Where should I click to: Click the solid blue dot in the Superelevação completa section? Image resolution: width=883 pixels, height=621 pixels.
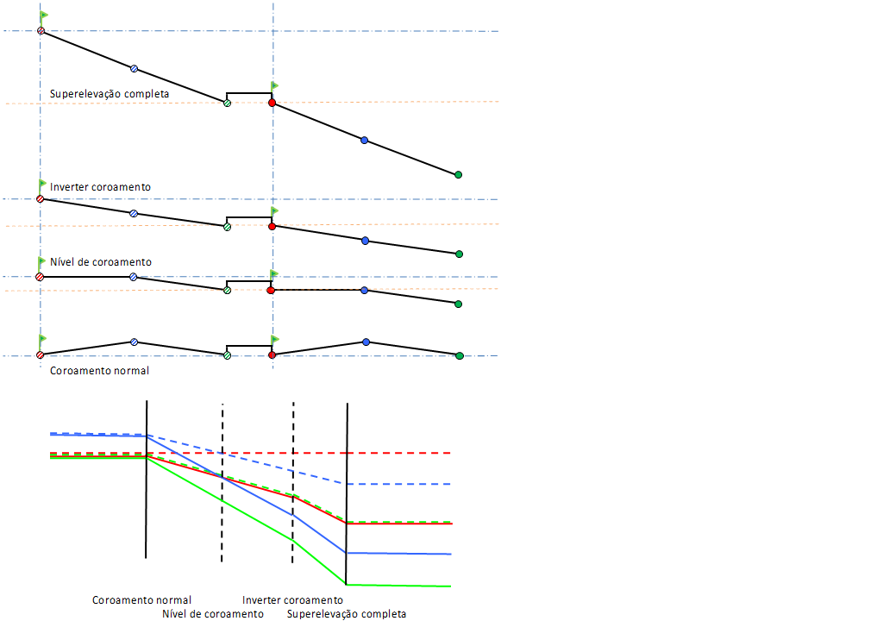364,140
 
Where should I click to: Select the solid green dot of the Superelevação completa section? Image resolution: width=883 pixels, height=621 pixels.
458,175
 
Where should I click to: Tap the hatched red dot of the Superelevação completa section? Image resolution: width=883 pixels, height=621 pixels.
40,31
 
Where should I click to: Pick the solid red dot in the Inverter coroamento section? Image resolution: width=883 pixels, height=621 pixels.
272,226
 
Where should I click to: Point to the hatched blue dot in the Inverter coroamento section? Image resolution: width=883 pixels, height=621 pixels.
134,213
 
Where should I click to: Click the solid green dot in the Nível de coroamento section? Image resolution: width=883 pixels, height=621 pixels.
458,304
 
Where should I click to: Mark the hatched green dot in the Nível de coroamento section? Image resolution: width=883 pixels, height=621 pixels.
227,291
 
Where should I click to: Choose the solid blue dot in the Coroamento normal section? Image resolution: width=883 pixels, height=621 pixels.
366,342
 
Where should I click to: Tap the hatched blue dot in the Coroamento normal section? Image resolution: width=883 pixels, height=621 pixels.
134,342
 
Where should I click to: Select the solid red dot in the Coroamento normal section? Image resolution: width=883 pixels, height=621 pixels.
272,354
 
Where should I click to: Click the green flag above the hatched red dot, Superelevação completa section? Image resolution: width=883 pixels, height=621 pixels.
44,16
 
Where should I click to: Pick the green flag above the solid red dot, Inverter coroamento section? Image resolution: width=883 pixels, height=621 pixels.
275,210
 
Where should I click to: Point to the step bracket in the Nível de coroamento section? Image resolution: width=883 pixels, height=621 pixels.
248,282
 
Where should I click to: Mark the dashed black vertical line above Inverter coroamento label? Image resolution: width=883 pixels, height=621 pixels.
293,483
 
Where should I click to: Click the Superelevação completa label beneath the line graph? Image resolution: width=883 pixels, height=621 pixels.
347,614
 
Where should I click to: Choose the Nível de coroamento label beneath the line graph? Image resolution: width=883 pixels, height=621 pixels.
212,614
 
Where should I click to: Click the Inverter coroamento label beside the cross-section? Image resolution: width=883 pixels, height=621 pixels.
100,187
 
